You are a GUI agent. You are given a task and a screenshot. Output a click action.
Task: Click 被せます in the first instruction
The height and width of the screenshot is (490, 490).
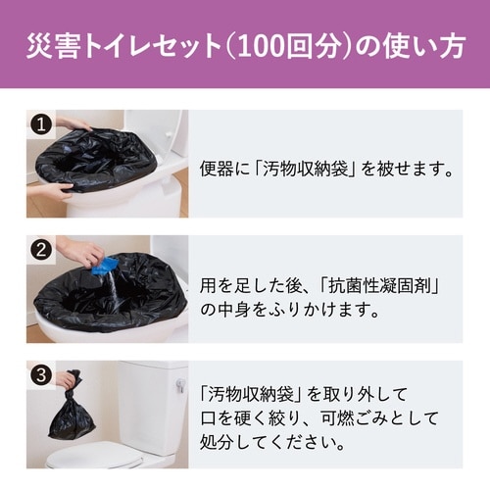pos(397,169)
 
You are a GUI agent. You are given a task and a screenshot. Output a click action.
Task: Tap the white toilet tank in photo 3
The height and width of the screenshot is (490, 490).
pos(152,402)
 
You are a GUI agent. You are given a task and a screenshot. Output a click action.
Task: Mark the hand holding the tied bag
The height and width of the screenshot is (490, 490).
pos(66,379)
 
